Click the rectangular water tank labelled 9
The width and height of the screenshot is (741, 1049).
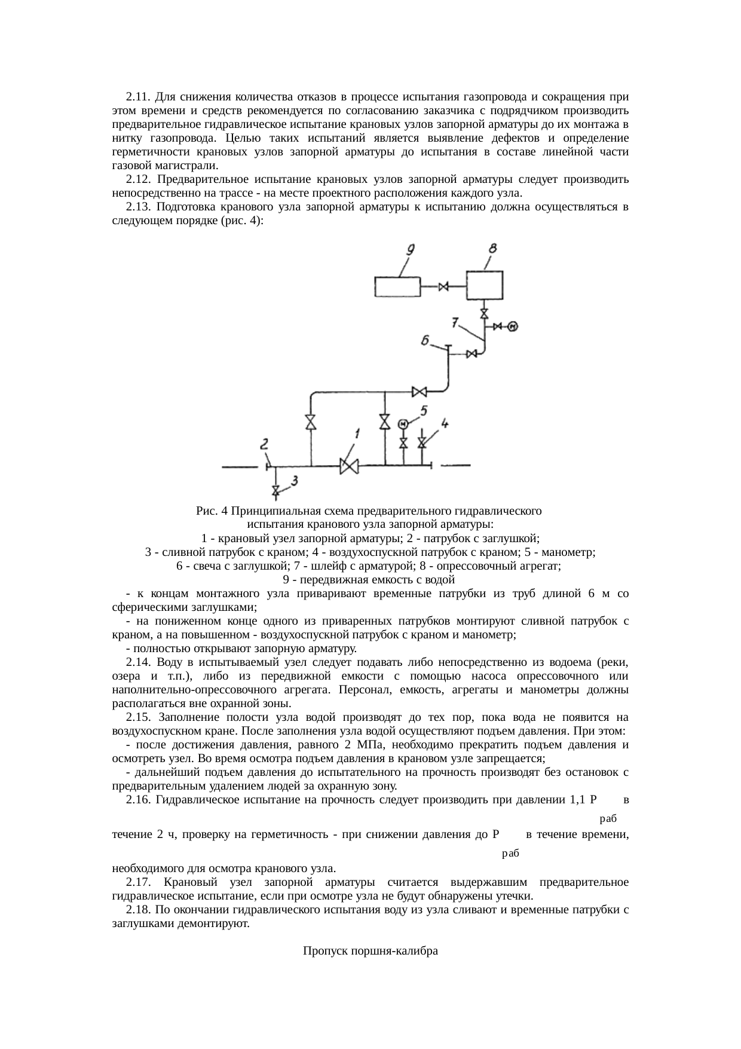click(397, 287)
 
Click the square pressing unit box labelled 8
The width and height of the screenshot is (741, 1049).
click(484, 285)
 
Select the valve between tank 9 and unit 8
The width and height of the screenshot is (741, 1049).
click(443, 287)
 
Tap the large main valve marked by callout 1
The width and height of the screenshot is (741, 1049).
click(348, 466)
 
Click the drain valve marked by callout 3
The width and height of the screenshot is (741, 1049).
click(275, 491)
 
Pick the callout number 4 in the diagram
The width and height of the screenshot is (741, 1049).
click(445, 423)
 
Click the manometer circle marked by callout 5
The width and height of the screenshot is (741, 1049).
click(403, 424)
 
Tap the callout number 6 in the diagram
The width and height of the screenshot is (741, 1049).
click(425, 341)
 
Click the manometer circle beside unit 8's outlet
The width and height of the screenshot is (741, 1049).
click(512, 326)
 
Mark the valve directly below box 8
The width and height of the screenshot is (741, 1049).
click(484, 313)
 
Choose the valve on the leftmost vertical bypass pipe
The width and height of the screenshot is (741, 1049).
click(311, 422)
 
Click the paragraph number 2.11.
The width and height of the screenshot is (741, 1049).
click(137, 97)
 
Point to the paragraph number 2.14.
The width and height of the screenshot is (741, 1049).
click(137, 662)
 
